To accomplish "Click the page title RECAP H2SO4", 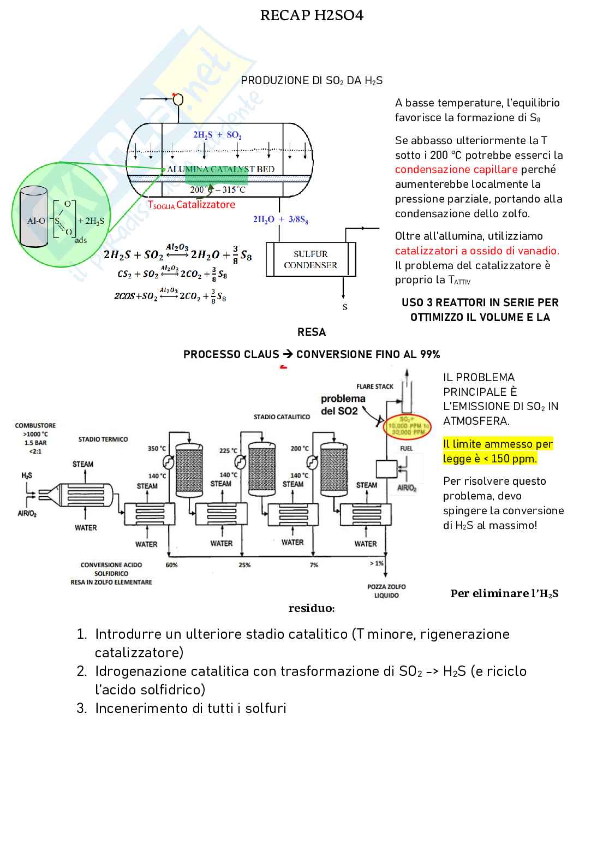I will tap(312, 15).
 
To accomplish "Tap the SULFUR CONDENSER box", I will tap(311, 260).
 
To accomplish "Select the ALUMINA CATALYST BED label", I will tap(220, 169).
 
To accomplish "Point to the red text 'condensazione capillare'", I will tap(456, 169).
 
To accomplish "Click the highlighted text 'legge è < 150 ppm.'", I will tap(489, 459).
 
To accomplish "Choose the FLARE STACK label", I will tap(374, 387).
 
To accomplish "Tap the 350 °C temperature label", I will tap(157, 449).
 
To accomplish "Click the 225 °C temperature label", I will tap(228, 451).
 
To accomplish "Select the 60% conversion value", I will tap(171, 565).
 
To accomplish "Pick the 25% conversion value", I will tap(244, 565).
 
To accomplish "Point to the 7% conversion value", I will tap(314, 565).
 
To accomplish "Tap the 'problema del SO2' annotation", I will tap(343, 405).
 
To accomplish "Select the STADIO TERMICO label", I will tap(103, 439).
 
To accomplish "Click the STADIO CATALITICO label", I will tap(282, 417).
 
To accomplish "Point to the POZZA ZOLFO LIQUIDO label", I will tap(386, 591).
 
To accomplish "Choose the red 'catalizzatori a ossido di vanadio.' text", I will tap(477, 251).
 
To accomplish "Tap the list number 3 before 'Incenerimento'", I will tap(81, 708).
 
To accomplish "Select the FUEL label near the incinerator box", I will tap(406, 449).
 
